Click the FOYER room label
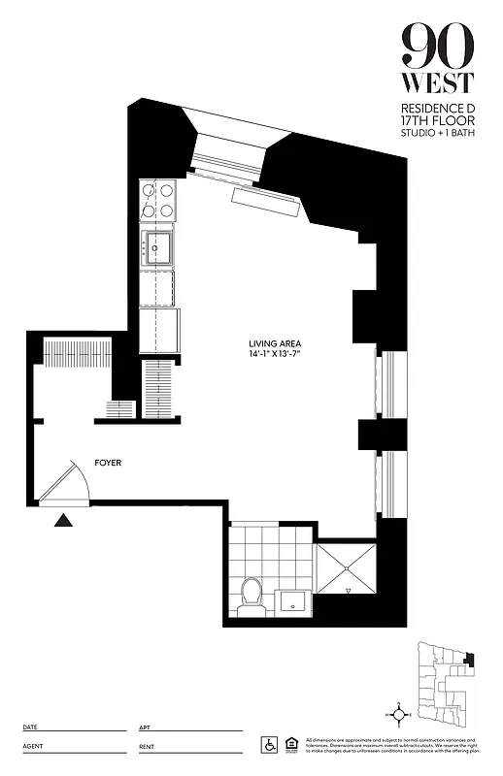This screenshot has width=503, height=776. coord(108,464)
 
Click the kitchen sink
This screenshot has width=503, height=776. coord(158,246)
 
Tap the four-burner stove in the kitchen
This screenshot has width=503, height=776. coord(158,200)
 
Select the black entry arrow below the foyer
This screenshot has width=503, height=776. coord(63,521)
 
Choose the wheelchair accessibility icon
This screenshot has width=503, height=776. coord(269,745)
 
